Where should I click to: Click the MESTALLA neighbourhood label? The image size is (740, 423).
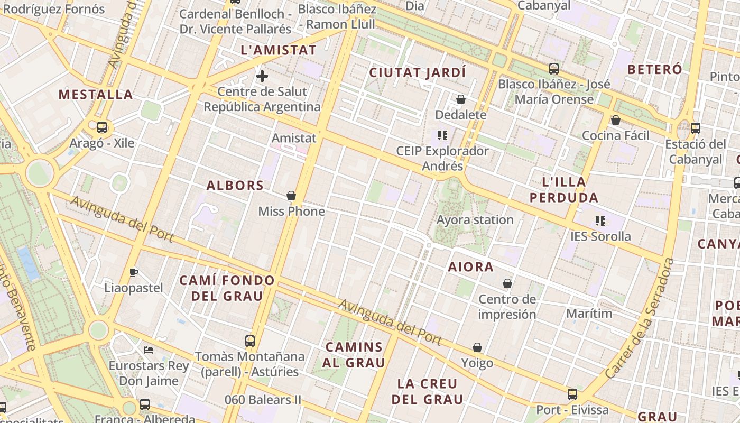[96, 95]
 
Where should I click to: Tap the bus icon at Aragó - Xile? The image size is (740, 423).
[102, 127]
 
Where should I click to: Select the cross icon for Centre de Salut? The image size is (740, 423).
[262, 76]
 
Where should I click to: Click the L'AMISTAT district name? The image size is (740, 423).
[279, 51]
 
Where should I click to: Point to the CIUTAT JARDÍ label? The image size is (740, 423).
[418, 72]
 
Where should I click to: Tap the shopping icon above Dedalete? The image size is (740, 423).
[461, 99]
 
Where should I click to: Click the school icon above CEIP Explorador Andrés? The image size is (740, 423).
[442, 135]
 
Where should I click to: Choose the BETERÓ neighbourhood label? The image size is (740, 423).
[654, 69]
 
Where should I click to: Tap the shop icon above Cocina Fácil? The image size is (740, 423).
[615, 121]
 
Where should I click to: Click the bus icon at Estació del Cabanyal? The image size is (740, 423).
[696, 128]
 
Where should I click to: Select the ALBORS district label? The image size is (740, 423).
[235, 186]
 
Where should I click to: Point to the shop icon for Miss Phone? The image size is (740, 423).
[291, 196]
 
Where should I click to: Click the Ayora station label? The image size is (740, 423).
[475, 219]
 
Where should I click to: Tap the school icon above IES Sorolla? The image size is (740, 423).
[600, 220]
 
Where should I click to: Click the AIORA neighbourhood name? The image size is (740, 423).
[471, 267]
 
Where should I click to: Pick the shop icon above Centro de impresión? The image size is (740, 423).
[507, 284]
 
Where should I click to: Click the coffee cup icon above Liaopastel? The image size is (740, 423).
[134, 272]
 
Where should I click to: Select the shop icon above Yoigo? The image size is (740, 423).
[477, 347]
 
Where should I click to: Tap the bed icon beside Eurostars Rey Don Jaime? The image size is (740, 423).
[149, 350]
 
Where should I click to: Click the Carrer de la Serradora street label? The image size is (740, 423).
[640, 318]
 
